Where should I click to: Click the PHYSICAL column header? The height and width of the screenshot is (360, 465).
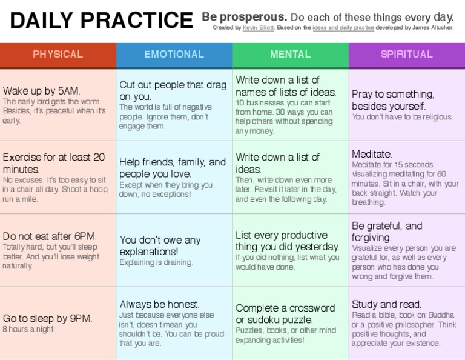tap(58, 55)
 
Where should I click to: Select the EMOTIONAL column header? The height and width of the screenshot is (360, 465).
tap(174, 55)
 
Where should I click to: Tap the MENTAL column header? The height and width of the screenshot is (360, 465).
tap(290, 55)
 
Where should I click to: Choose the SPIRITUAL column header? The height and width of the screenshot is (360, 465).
tap(406, 55)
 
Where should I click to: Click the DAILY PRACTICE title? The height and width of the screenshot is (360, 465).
tap(101, 21)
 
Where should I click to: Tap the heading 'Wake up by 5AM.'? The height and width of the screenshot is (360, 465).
tap(41, 92)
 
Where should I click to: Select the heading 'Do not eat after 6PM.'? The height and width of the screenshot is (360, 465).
tap(50, 236)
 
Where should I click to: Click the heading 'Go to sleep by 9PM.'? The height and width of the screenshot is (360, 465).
tap(47, 318)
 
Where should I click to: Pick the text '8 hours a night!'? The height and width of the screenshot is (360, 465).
tap(28, 329)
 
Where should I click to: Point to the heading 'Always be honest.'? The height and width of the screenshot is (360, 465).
tap(159, 304)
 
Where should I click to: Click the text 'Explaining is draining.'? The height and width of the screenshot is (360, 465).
tap(156, 262)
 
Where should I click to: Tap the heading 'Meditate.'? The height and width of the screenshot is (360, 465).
tap(372, 154)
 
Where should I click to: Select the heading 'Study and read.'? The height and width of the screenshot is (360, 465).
tap(386, 304)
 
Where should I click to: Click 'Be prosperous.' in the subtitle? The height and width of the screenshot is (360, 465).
tap(244, 16)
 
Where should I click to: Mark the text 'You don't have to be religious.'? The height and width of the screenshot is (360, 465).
tap(402, 117)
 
